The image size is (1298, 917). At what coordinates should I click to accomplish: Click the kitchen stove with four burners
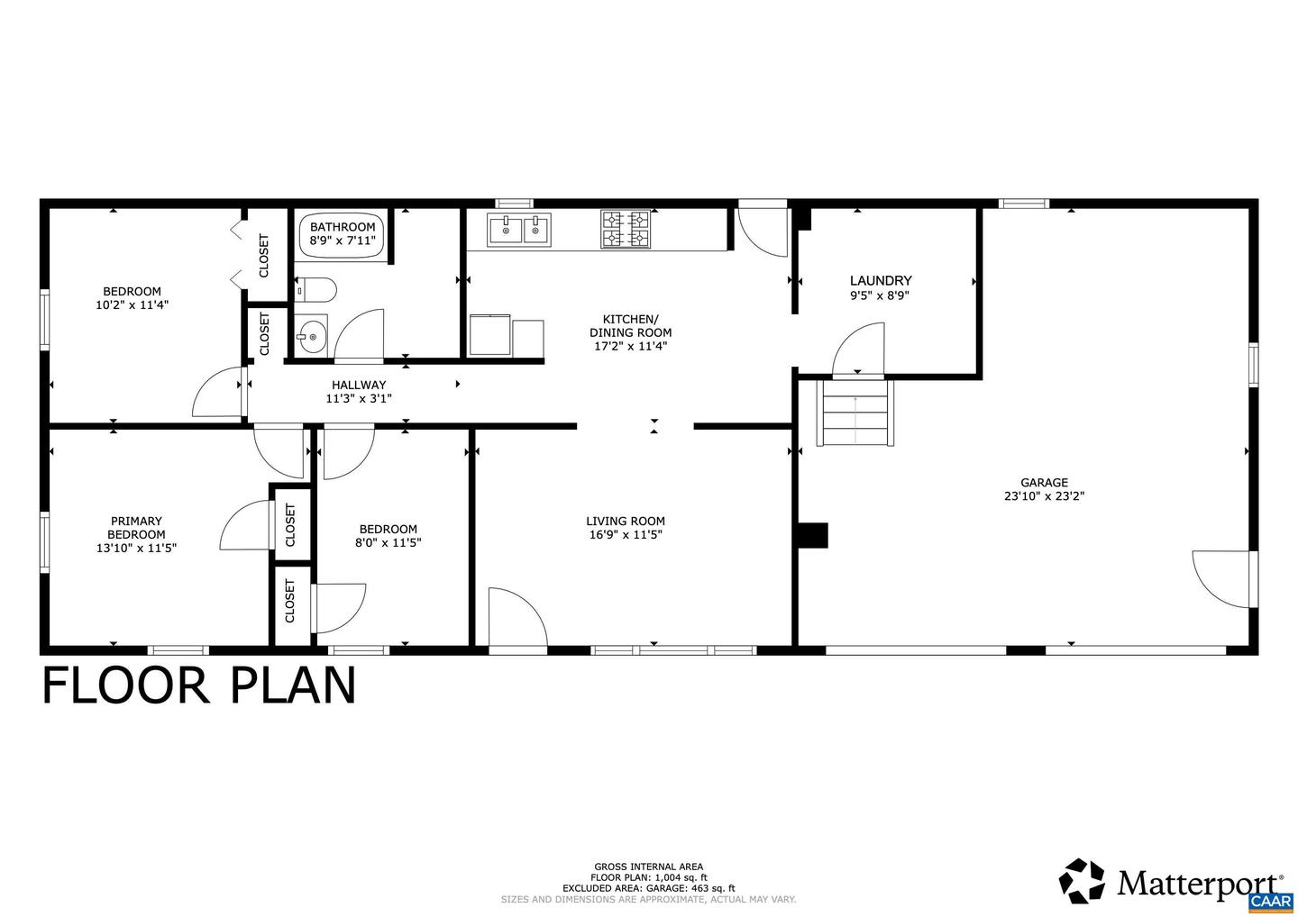coord(626,229)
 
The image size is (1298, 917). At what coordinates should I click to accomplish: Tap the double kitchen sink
coord(519,231)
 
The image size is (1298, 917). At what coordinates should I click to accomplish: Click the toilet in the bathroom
coord(317,290)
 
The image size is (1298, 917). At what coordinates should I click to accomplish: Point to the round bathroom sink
coord(312,337)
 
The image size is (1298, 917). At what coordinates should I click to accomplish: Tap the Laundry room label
coord(880,280)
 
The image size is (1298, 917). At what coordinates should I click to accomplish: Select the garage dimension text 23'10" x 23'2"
coord(1043,495)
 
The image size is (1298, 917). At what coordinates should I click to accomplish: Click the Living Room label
coord(625,521)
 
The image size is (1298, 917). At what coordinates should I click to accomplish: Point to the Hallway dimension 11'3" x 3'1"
coord(358,398)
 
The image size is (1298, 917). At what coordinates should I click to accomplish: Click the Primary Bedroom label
coord(136,527)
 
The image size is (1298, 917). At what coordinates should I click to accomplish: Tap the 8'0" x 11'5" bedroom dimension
coord(388,542)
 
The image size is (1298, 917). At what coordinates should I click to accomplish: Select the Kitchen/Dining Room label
coord(630,325)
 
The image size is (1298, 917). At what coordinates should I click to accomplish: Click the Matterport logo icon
coord(1082,880)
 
